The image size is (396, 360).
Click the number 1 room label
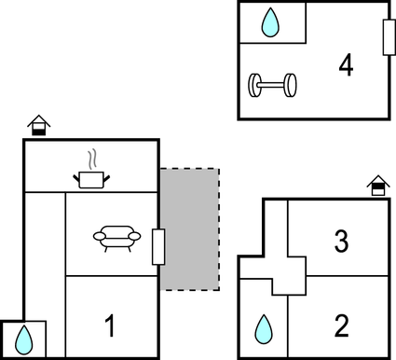coord(110,327)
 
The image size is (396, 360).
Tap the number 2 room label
coord(341,325)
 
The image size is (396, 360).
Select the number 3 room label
coord(341,242)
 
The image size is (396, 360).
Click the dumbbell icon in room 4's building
coord(272,87)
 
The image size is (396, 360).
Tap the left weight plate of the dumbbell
coord(254,87)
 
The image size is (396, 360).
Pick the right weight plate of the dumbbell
coord(291,86)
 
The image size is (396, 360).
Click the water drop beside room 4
coord(271,23)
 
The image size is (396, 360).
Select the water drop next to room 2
coord(265,327)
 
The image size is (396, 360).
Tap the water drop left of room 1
coord(23,339)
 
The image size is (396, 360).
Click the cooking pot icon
coord(90,177)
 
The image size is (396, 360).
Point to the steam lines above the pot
coord(90,157)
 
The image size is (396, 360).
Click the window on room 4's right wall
coord(387,36)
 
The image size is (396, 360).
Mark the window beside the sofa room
coord(158,246)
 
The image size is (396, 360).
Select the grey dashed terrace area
coord(190,228)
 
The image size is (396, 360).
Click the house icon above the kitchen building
coord(38,125)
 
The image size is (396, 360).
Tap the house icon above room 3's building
coord(377,186)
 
